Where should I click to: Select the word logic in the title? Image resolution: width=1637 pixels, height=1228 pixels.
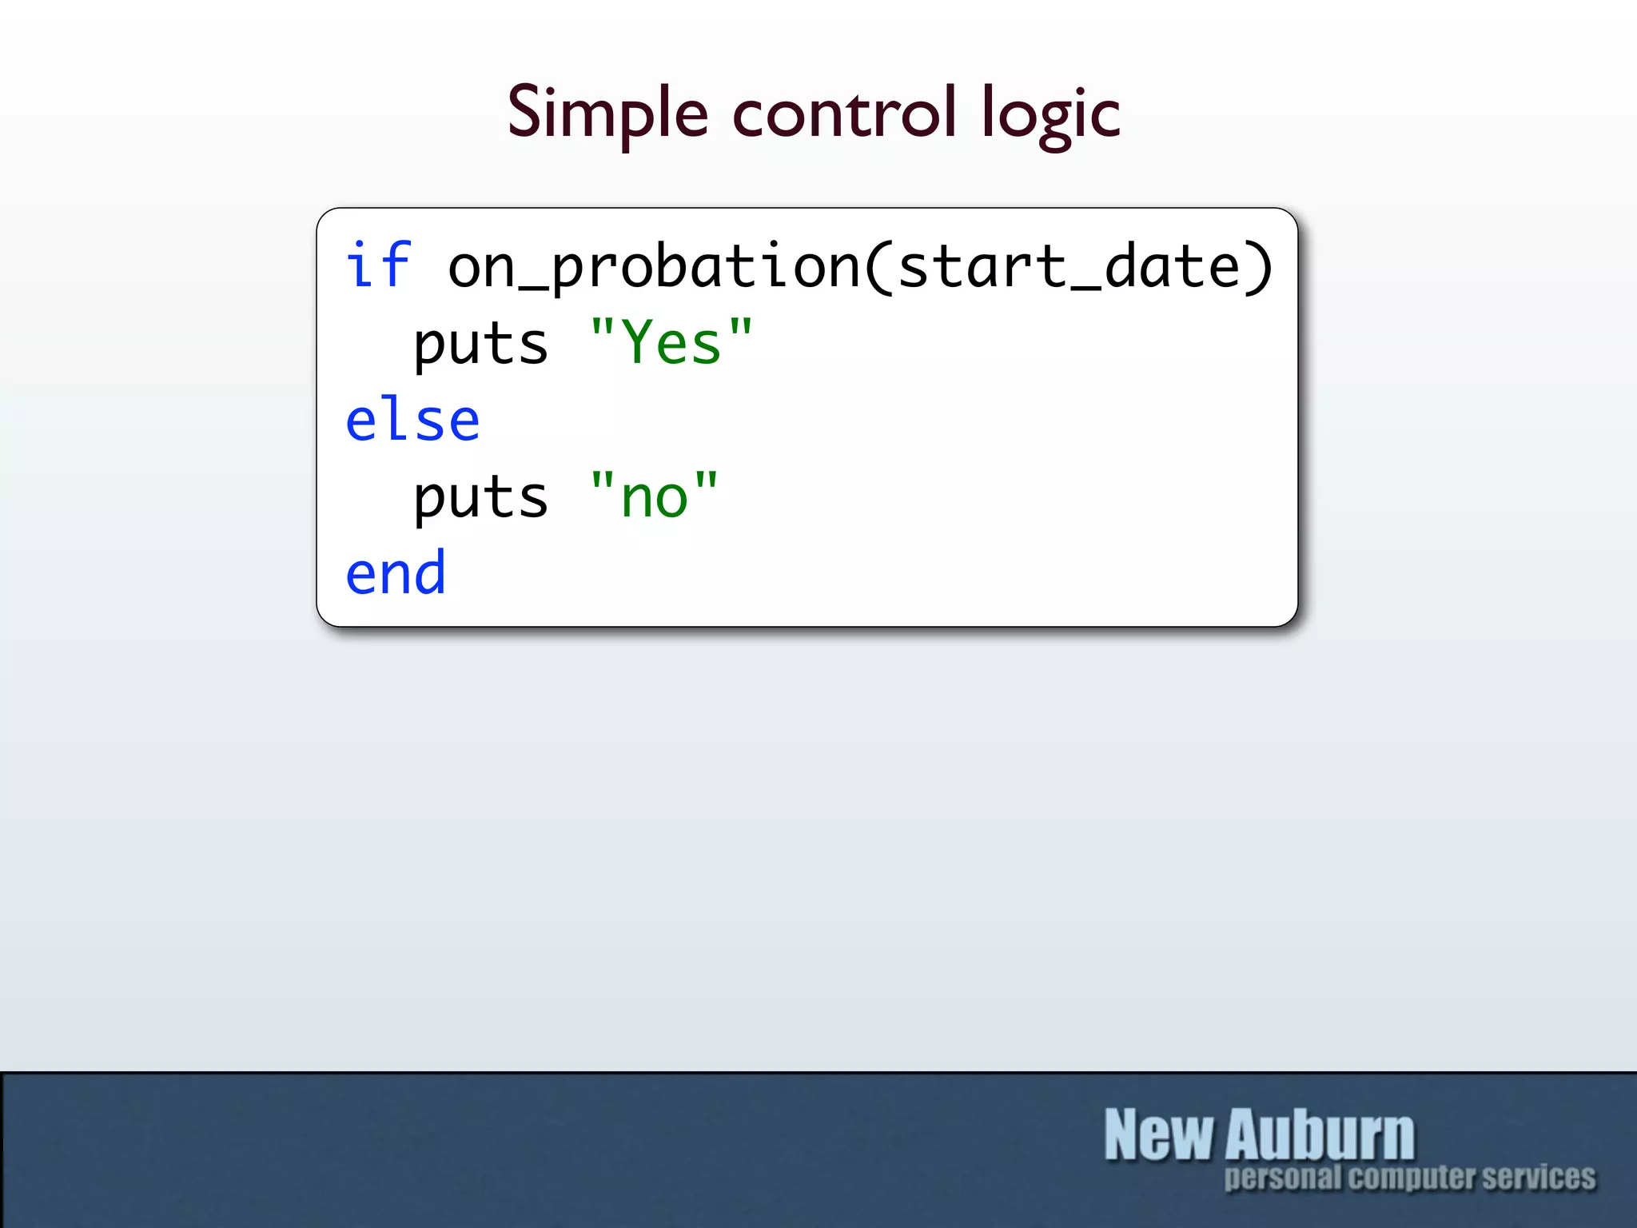click(1050, 116)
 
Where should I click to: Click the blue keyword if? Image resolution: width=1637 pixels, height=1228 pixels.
click(378, 265)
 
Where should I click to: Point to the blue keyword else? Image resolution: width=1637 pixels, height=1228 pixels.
click(412, 421)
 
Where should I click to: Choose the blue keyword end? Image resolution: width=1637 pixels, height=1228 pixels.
click(396, 574)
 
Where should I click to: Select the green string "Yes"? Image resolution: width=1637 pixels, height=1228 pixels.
click(671, 343)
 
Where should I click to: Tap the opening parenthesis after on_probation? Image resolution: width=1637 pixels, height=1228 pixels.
click(878, 267)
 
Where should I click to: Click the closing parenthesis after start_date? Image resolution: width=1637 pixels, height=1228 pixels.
click(1258, 267)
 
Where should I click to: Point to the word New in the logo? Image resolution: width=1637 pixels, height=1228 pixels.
click(1159, 1134)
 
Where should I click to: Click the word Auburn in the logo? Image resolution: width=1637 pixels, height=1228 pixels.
click(1320, 1134)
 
